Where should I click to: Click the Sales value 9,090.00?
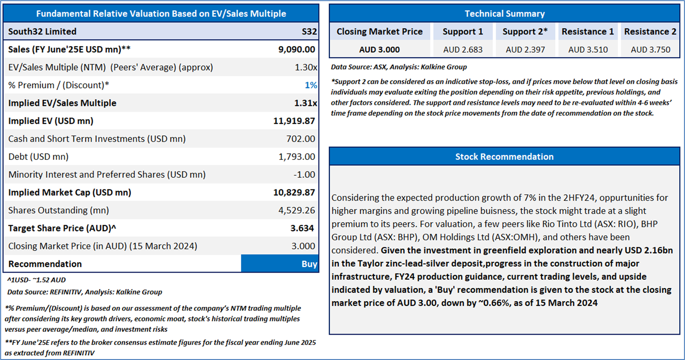click(x=296, y=49)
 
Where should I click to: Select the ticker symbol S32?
click(x=309, y=31)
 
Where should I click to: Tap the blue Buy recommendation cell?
click(x=280, y=264)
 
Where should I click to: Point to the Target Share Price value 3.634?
click(x=302, y=228)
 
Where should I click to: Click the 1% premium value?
click(x=311, y=85)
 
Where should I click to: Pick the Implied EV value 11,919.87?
click(x=294, y=121)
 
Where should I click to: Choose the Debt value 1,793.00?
click(x=297, y=157)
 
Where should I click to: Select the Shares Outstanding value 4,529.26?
click(x=297, y=210)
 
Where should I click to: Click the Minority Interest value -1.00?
click(x=304, y=174)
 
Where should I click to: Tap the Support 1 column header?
click(x=463, y=31)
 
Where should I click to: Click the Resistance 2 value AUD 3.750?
click(x=650, y=49)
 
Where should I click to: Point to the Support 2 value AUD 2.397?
click(x=525, y=49)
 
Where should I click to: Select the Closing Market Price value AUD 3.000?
click(x=379, y=49)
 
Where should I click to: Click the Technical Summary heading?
click(x=505, y=14)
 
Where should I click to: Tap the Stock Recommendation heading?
click(x=505, y=157)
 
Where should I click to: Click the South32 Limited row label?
click(x=42, y=31)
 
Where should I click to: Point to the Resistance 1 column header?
click(x=588, y=31)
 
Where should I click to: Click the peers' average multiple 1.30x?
click(x=305, y=67)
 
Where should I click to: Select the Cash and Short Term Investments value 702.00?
click(x=301, y=139)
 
